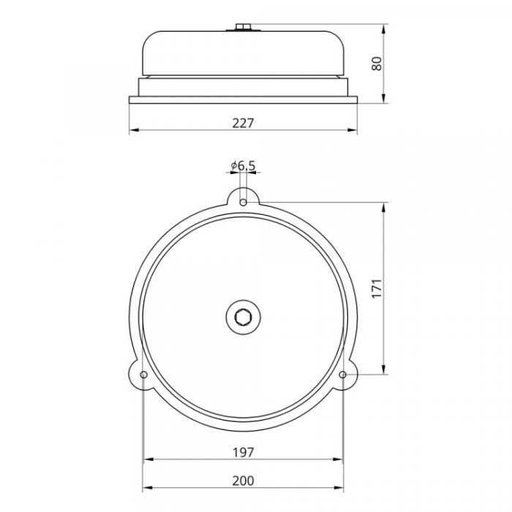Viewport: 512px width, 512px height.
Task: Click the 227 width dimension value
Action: coord(243,123)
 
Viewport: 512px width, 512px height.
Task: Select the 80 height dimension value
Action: coord(377,64)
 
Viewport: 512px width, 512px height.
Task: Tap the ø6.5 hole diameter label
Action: coord(243,166)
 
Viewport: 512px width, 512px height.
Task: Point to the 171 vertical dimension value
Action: coord(377,288)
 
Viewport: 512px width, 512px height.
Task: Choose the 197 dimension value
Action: coord(243,452)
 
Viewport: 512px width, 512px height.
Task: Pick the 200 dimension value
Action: coord(243,481)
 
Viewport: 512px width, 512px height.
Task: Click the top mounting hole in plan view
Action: coord(243,203)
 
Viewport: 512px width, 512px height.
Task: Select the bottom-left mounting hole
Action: coord(143,374)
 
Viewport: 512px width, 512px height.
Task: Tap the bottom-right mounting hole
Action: coord(342,374)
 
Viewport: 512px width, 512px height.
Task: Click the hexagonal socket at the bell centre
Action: coord(244,317)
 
